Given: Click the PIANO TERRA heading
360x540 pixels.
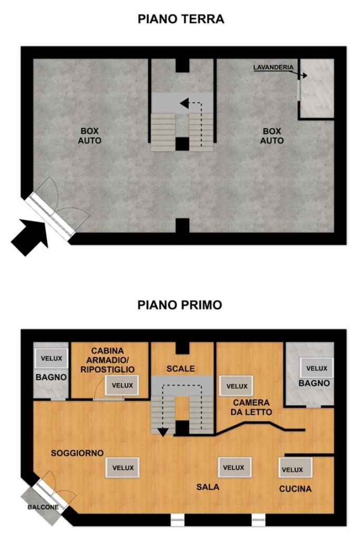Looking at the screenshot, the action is (181, 18).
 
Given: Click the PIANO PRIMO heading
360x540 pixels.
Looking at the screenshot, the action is (180, 305).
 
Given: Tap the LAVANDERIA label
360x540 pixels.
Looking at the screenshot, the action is (273, 67).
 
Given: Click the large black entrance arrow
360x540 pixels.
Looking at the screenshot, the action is (29, 237).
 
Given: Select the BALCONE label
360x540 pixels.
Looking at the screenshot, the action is (43, 507).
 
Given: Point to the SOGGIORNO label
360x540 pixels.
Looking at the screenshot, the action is (77, 453).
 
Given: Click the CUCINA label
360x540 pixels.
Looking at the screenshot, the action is (295, 489).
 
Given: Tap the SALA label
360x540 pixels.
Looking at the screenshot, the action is (208, 487).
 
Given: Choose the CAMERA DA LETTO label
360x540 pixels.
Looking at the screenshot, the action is (251, 407).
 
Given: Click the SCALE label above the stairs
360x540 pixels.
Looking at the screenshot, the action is (181, 369).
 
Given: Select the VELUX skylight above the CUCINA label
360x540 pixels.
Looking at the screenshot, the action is (295, 468).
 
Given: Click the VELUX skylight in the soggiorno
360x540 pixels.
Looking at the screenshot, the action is (123, 468).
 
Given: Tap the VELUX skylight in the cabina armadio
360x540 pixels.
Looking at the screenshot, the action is (122, 385).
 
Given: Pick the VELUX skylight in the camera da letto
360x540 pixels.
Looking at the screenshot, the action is (237, 385).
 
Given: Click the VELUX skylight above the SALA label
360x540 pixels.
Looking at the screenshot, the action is (233, 467).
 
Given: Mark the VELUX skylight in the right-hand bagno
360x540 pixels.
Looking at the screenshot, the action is (317, 368).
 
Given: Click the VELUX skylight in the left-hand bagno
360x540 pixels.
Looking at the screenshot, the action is (51, 358).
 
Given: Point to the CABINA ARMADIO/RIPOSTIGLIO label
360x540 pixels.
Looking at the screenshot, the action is (108, 360).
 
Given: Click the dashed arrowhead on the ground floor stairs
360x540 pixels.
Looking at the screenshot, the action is (184, 103).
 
